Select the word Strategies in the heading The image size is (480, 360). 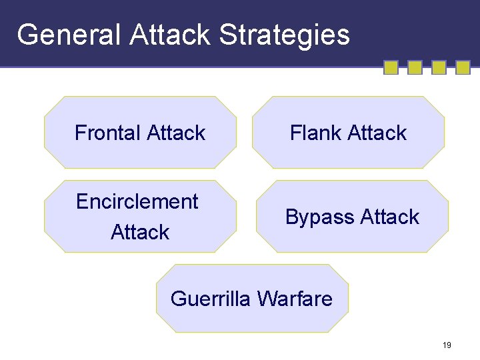pos(284,35)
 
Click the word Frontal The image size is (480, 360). pos(107,133)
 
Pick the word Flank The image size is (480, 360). pos(315,133)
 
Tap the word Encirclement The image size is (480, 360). pos(137,201)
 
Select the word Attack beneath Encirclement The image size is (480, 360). pos(140,232)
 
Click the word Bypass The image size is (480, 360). pos(319,217)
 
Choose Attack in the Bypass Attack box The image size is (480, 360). pos(389,217)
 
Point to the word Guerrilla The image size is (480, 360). pos(210,299)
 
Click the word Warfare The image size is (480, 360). pos(294,299)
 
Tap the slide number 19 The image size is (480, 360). pos(447,345)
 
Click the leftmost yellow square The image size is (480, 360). pos(391,67)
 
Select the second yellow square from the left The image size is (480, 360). pos(415,67)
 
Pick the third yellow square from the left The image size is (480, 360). pos(439,67)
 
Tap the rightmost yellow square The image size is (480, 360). pos(463,67)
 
